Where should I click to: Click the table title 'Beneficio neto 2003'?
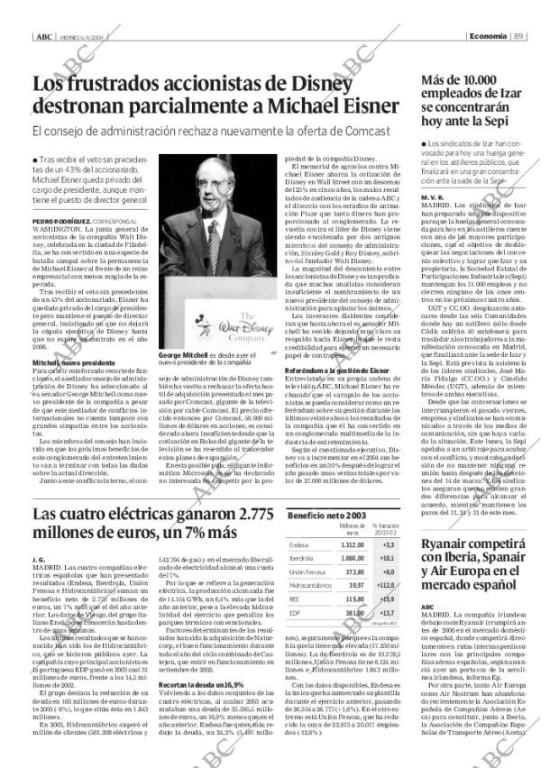[323, 514]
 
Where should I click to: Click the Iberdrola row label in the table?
[301, 559]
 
